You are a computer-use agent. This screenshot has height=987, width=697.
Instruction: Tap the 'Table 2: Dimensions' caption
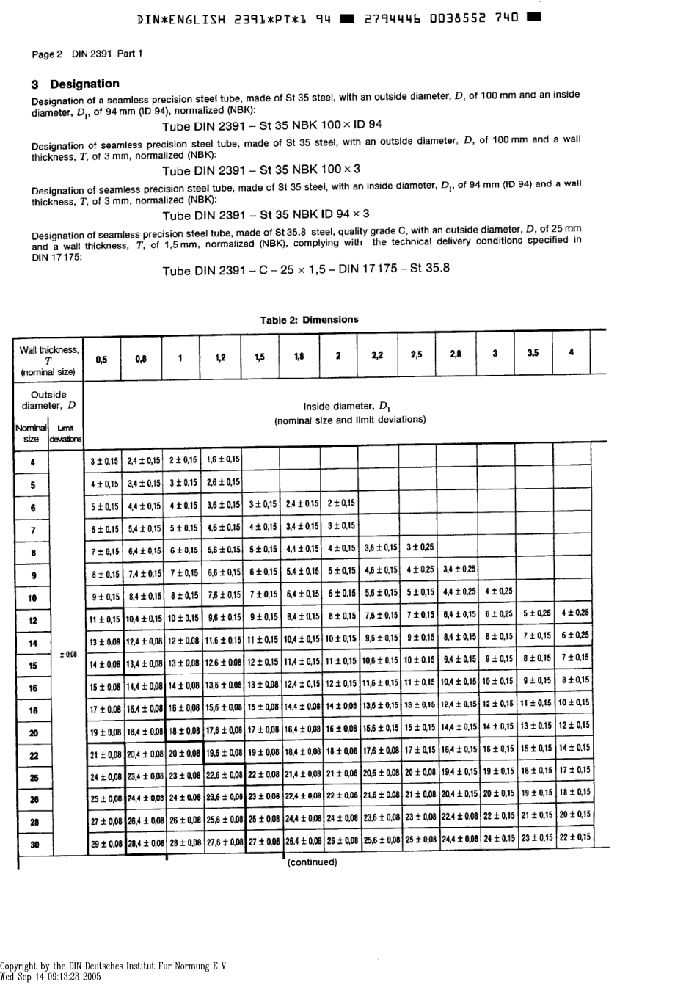pos(309,320)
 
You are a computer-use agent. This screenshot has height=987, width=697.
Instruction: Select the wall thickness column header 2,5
pos(416,355)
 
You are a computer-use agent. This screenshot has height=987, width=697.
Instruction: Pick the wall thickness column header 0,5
pos(101,359)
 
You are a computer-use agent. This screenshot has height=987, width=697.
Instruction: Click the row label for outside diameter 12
pos(33,620)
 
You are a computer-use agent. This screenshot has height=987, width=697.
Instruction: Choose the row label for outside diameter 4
pos(33,462)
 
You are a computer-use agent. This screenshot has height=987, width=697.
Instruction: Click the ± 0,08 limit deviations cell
pos(67,653)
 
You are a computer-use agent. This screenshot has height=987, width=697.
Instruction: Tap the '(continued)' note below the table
pos(312,862)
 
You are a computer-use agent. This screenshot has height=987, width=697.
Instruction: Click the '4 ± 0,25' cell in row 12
pos(574,613)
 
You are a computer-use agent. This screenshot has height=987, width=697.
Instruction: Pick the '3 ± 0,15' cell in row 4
pos(103,461)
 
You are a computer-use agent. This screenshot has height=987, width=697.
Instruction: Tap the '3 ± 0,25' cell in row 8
pos(420,547)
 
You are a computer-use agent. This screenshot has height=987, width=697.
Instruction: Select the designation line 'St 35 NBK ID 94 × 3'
pos(266,215)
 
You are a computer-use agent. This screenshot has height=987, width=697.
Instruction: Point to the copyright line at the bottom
pos(113,966)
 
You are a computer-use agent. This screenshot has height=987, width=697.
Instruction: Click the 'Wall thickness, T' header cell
pos(48,360)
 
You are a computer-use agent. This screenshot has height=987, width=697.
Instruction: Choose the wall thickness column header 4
pos(571,353)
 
